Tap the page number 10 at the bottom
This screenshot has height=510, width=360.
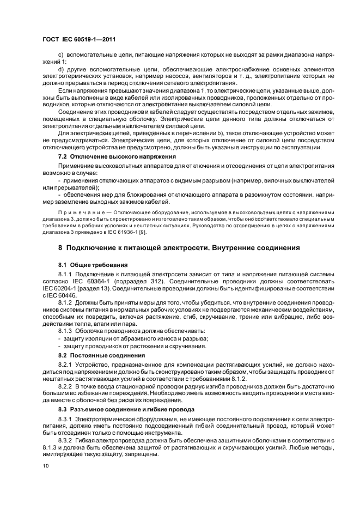click(46, 466)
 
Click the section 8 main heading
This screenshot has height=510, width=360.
click(179, 247)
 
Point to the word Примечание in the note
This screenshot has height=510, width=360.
click(81, 211)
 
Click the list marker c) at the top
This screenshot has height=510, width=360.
click(61, 56)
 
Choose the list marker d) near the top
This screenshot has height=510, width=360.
click(61, 69)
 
